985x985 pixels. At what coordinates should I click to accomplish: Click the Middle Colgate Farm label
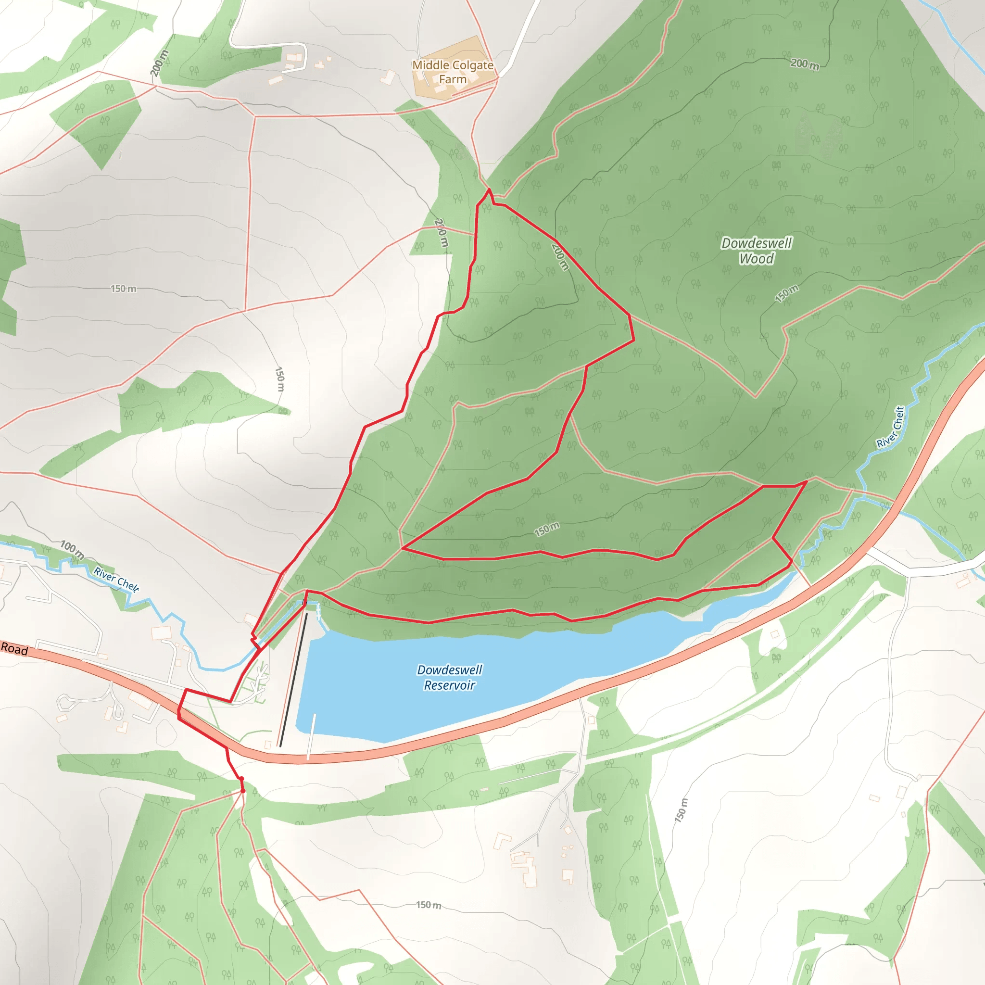(x=453, y=72)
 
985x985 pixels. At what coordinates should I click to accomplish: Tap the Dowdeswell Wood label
(x=756, y=251)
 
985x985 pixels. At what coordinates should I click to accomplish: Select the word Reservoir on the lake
(x=449, y=685)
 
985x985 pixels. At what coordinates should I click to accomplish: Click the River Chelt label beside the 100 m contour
(x=116, y=580)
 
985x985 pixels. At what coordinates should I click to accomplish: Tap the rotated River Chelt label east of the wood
(x=891, y=427)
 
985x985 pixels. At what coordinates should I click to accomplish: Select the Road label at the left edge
(x=14, y=649)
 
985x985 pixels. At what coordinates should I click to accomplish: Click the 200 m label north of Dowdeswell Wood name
(x=805, y=64)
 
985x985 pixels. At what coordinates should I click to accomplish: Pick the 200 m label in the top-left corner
(x=159, y=63)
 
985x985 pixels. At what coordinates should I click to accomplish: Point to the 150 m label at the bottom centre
(x=428, y=905)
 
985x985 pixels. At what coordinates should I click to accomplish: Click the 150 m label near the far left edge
(x=124, y=289)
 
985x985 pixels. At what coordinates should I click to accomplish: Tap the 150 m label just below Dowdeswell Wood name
(x=786, y=294)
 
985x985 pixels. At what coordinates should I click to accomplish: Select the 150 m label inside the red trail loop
(x=546, y=529)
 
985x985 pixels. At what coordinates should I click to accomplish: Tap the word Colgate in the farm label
(x=467, y=65)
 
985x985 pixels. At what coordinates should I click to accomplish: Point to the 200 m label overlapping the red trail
(x=560, y=257)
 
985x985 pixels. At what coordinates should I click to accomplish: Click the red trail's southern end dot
(x=243, y=791)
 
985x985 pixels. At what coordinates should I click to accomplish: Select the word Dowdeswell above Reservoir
(x=449, y=670)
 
